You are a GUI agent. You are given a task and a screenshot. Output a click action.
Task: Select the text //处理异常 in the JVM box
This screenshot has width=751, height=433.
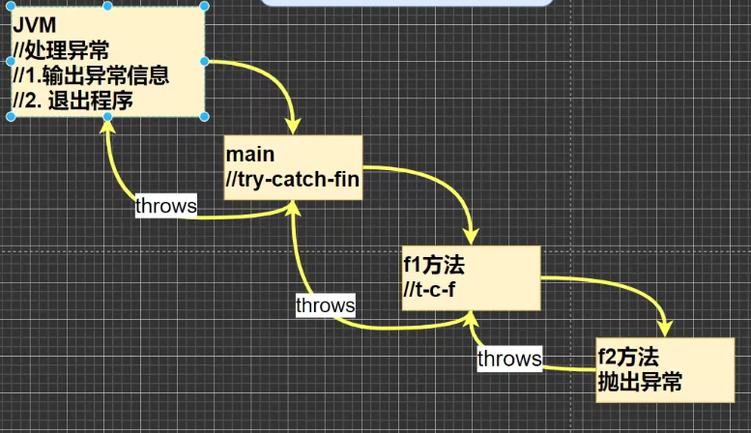pyautogui.click(x=60, y=51)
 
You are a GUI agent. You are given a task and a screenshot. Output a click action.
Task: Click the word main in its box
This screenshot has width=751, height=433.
pyautogui.click(x=249, y=155)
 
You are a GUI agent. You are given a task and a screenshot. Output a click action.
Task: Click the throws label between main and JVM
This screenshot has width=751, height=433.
pyautogui.click(x=165, y=205)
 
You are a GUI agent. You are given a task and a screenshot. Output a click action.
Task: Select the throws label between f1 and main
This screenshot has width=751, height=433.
pyautogui.click(x=325, y=305)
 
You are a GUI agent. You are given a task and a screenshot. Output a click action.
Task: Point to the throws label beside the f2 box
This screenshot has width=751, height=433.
pyautogui.click(x=508, y=359)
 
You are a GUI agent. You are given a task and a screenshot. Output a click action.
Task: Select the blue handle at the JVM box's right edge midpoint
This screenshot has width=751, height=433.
pyautogui.click(x=205, y=62)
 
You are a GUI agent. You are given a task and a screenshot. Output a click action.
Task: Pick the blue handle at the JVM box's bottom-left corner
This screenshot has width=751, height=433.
pyautogui.click(x=11, y=116)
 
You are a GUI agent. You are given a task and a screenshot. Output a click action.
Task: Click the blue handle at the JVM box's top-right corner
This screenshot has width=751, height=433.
pyautogui.click(x=205, y=7)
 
